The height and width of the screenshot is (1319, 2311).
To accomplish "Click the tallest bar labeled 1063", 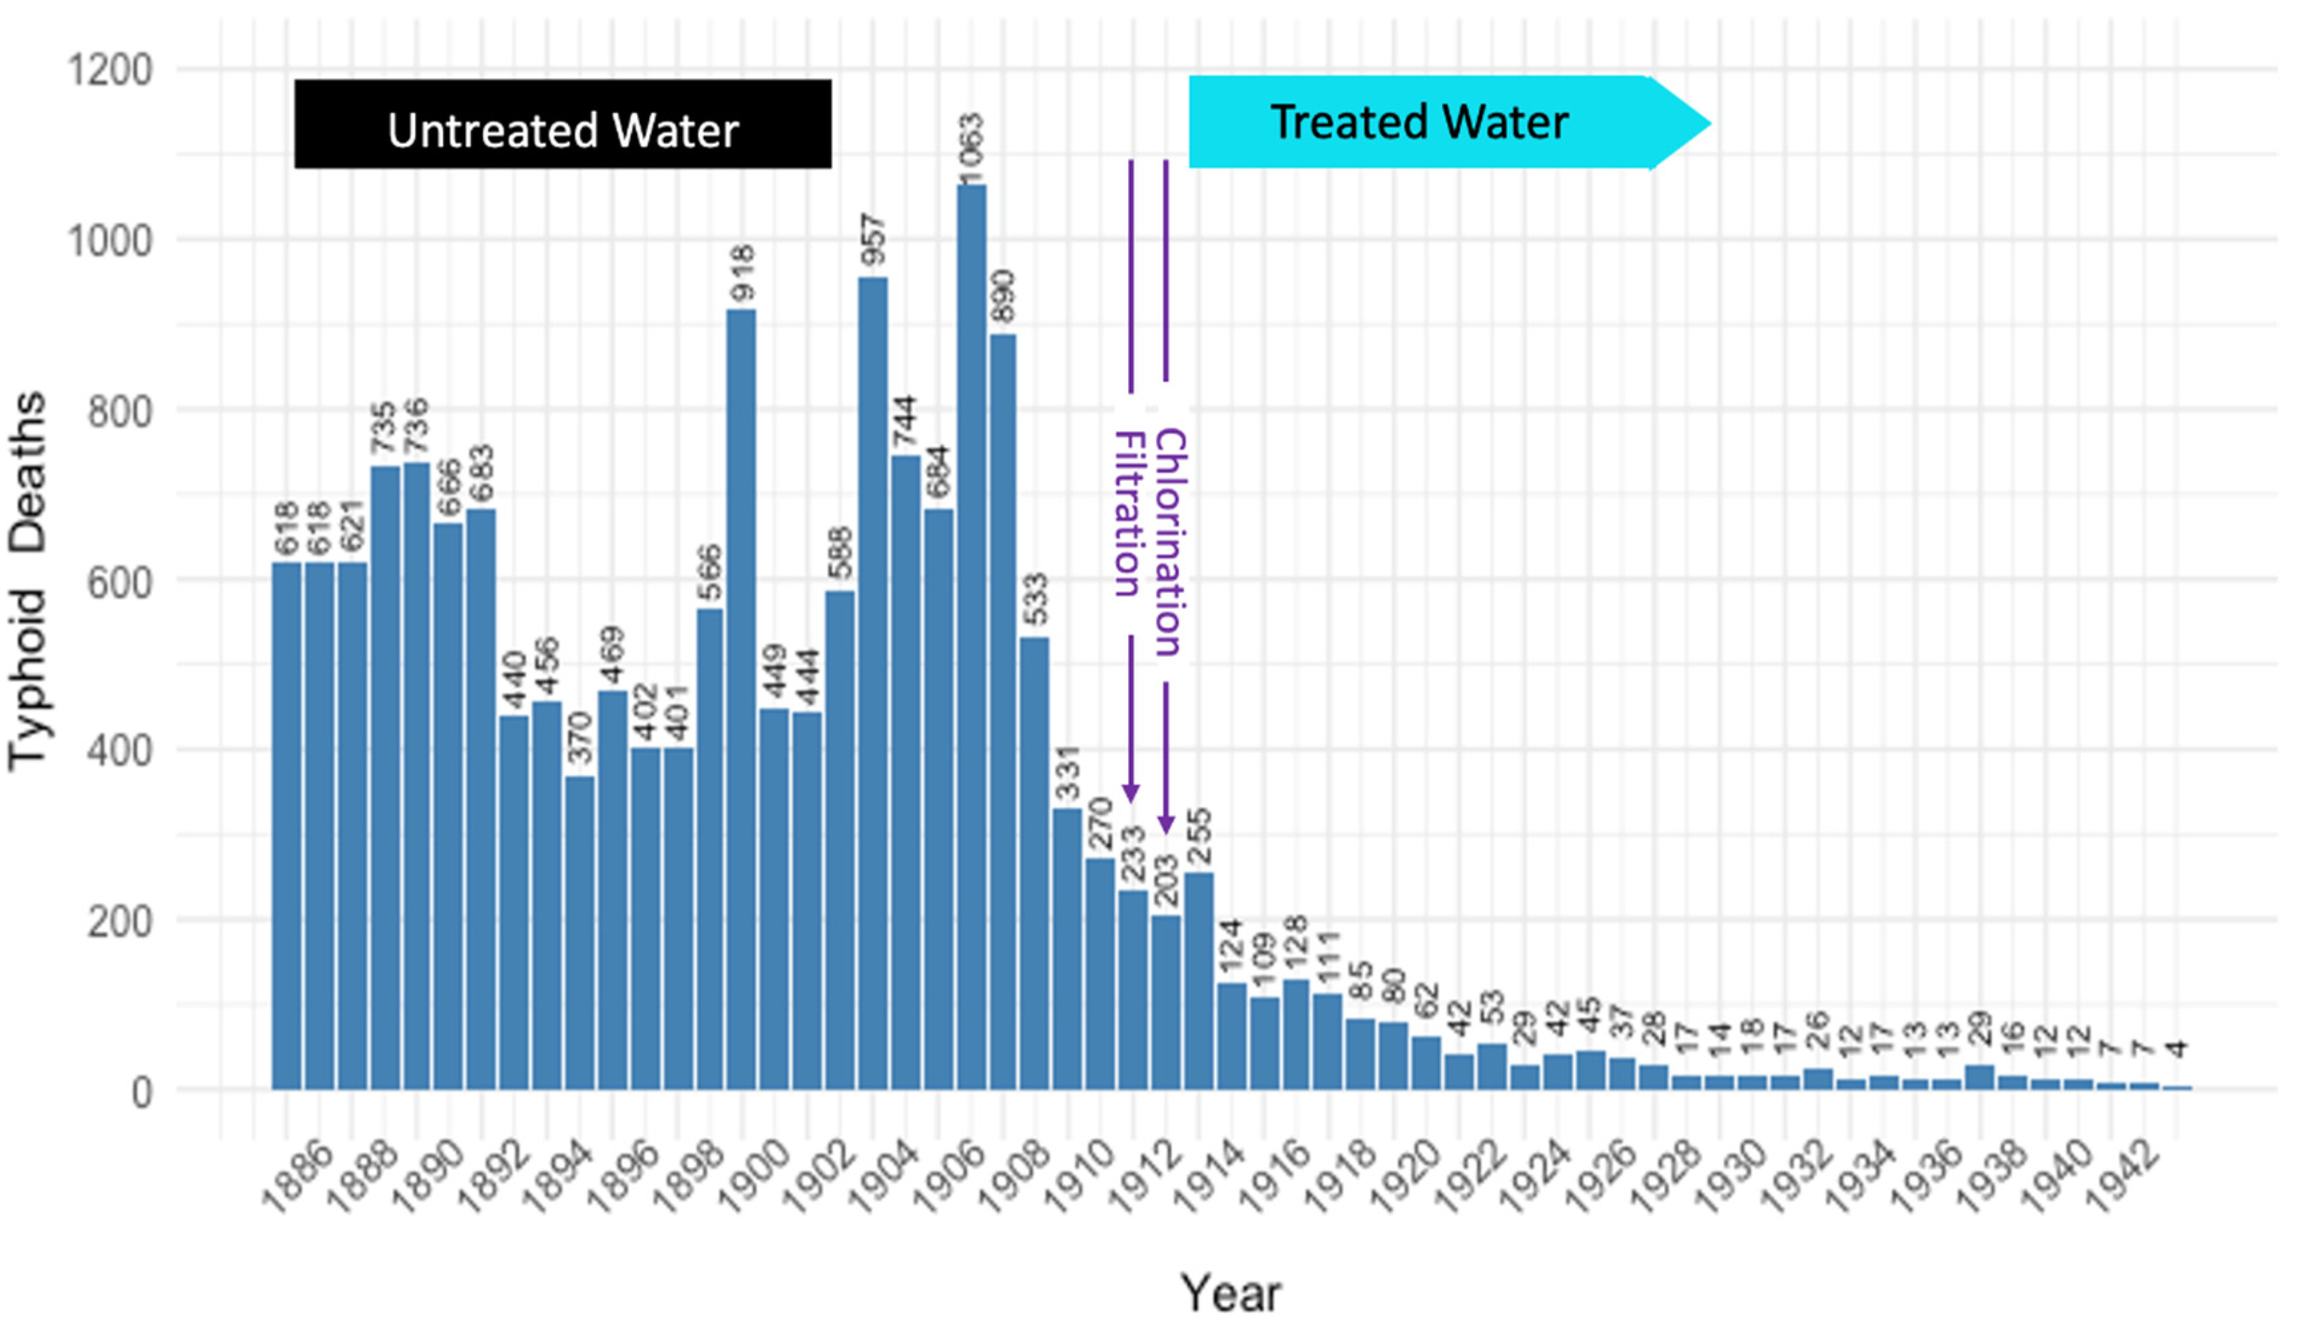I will point(972,634).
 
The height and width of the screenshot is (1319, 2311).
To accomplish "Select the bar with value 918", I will point(741,697).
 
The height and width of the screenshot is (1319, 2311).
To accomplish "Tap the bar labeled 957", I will point(873,679).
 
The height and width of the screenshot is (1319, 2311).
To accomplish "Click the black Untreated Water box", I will point(562,124).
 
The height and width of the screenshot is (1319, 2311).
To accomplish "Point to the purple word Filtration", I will point(1128,514).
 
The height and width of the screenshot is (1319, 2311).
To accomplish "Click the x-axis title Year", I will point(1230,1292).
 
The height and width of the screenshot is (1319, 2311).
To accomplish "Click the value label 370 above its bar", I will point(579,738).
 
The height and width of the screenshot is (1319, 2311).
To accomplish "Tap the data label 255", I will point(1198,836).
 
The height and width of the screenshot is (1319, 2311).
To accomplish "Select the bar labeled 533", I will point(1034,860).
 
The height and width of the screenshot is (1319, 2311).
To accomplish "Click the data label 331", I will point(1068,773).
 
